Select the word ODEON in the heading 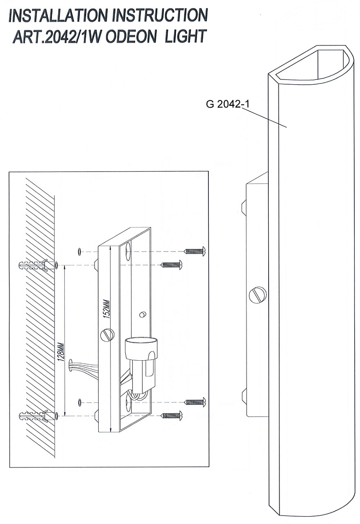tap(131, 37)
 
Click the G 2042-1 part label tap(228, 104)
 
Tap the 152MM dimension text tap(107, 309)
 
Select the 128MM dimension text tap(62, 352)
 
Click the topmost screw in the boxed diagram tap(195, 251)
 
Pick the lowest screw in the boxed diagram tap(171, 416)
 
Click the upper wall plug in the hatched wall tap(33, 265)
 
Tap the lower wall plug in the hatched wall tap(33, 416)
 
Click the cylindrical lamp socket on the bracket tap(141, 348)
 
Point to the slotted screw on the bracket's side tap(107, 335)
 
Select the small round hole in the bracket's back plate tap(142, 315)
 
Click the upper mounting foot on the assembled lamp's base tap(244, 207)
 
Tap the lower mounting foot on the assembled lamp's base tap(244, 396)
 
